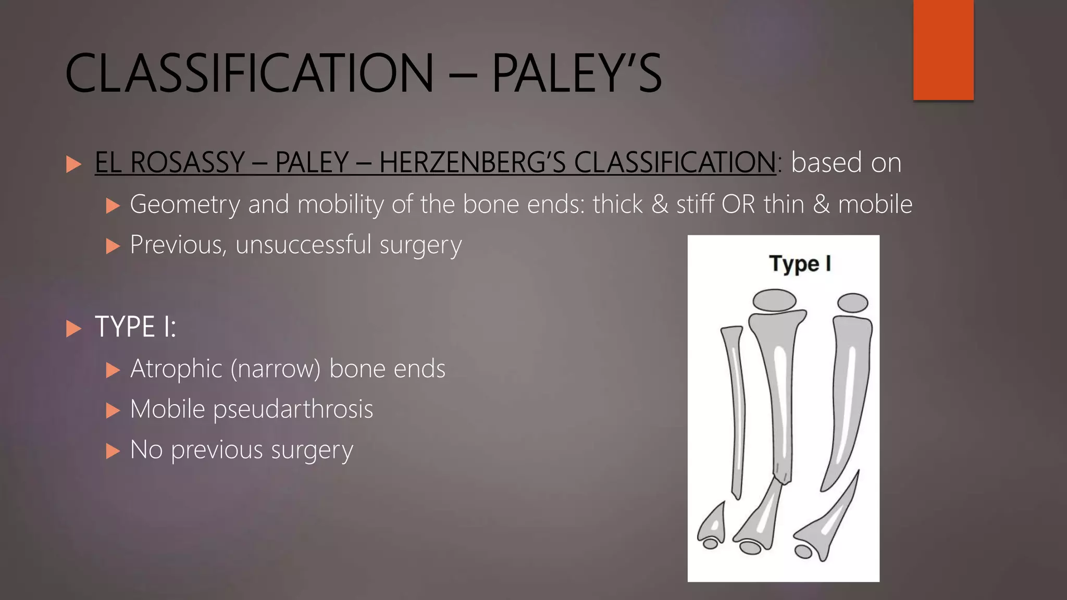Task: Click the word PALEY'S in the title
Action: pyautogui.click(x=576, y=73)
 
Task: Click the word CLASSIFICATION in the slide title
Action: pyautogui.click(x=249, y=73)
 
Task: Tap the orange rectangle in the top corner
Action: pyautogui.click(x=943, y=50)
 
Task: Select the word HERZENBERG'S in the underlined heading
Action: pyautogui.click(x=472, y=162)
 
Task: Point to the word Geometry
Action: pyautogui.click(x=184, y=204)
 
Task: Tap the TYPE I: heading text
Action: pyautogui.click(x=135, y=327)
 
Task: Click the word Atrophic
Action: pyautogui.click(x=176, y=369)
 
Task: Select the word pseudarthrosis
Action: pyautogui.click(x=293, y=409)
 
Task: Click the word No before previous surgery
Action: pyautogui.click(x=146, y=449)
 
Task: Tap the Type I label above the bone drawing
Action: pyautogui.click(x=800, y=264)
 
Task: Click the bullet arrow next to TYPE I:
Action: pyautogui.click(x=74, y=329)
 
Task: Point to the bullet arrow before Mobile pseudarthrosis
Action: pyautogui.click(x=113, y=410)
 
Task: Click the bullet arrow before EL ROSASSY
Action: pyautogui.click(x=74, y=165)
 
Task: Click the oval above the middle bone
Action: pyautogui.click(x=775, y=301)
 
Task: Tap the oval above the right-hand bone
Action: pyautogui.click(x=852, y=303)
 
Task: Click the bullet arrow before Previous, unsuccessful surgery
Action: pyautogui.click(x=113, y=246)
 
